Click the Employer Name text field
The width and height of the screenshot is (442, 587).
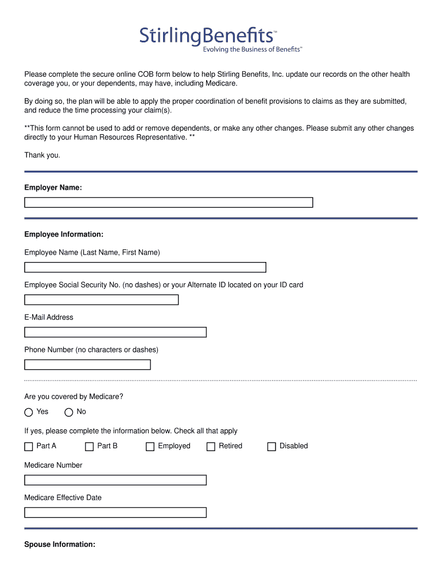(168, 202)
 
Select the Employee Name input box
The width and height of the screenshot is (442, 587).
(145, 267)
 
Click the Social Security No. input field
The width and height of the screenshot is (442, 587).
(101, 300)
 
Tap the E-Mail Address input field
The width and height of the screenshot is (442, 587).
(115, 332)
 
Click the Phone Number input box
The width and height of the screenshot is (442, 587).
(87, 365)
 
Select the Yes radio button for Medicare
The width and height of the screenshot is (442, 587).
(29, 412)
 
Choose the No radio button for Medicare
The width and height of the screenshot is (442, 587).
(69, 412)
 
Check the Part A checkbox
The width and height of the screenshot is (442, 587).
(29, 447)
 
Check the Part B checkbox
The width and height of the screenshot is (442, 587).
(90, 447)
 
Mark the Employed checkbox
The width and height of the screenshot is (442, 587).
(150, 447)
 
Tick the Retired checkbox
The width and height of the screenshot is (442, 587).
(211, 447)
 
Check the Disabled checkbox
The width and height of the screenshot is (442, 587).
(272, 447)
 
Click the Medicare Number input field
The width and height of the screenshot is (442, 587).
(115, 480)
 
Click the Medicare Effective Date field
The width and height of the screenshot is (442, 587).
(115, 512)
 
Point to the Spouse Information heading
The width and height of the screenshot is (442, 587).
(60, 545)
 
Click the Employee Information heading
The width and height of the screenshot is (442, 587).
(64, 234)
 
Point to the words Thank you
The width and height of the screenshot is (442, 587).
(42, 155)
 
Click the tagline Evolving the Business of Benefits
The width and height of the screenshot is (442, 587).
(252, 50)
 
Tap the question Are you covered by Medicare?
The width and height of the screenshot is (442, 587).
(73, 397)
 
